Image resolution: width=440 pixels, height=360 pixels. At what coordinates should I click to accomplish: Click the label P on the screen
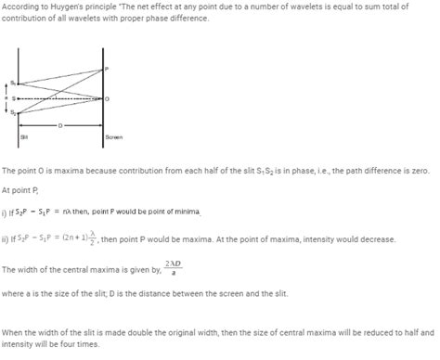107,69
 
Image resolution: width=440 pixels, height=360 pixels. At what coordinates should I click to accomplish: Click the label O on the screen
107,98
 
